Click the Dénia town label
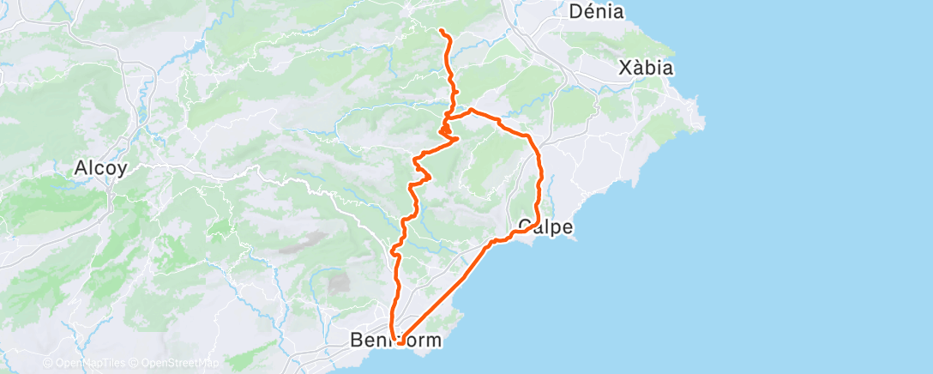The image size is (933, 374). (597, 12)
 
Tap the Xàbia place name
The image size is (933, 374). (647, 68)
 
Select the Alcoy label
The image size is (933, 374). (101, 168)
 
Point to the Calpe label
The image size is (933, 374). (545, 226)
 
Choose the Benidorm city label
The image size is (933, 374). (396, 341)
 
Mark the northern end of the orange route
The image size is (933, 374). (441, 31)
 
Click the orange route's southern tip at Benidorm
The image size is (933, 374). (399, 343)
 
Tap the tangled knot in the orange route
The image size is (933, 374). (446, 130)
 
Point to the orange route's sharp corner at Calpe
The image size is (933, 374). (536, 225)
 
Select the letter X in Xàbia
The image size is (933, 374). (624, 68)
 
